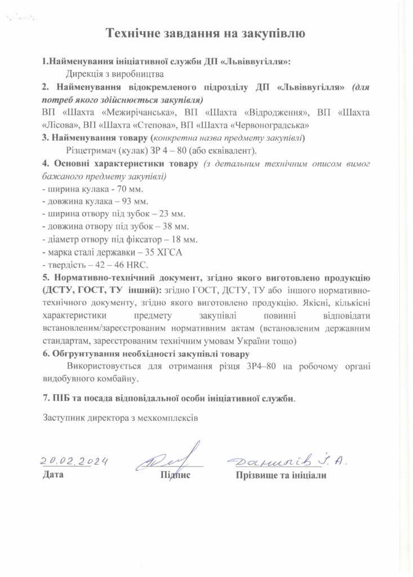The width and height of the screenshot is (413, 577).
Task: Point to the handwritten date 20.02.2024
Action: [74, 461]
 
